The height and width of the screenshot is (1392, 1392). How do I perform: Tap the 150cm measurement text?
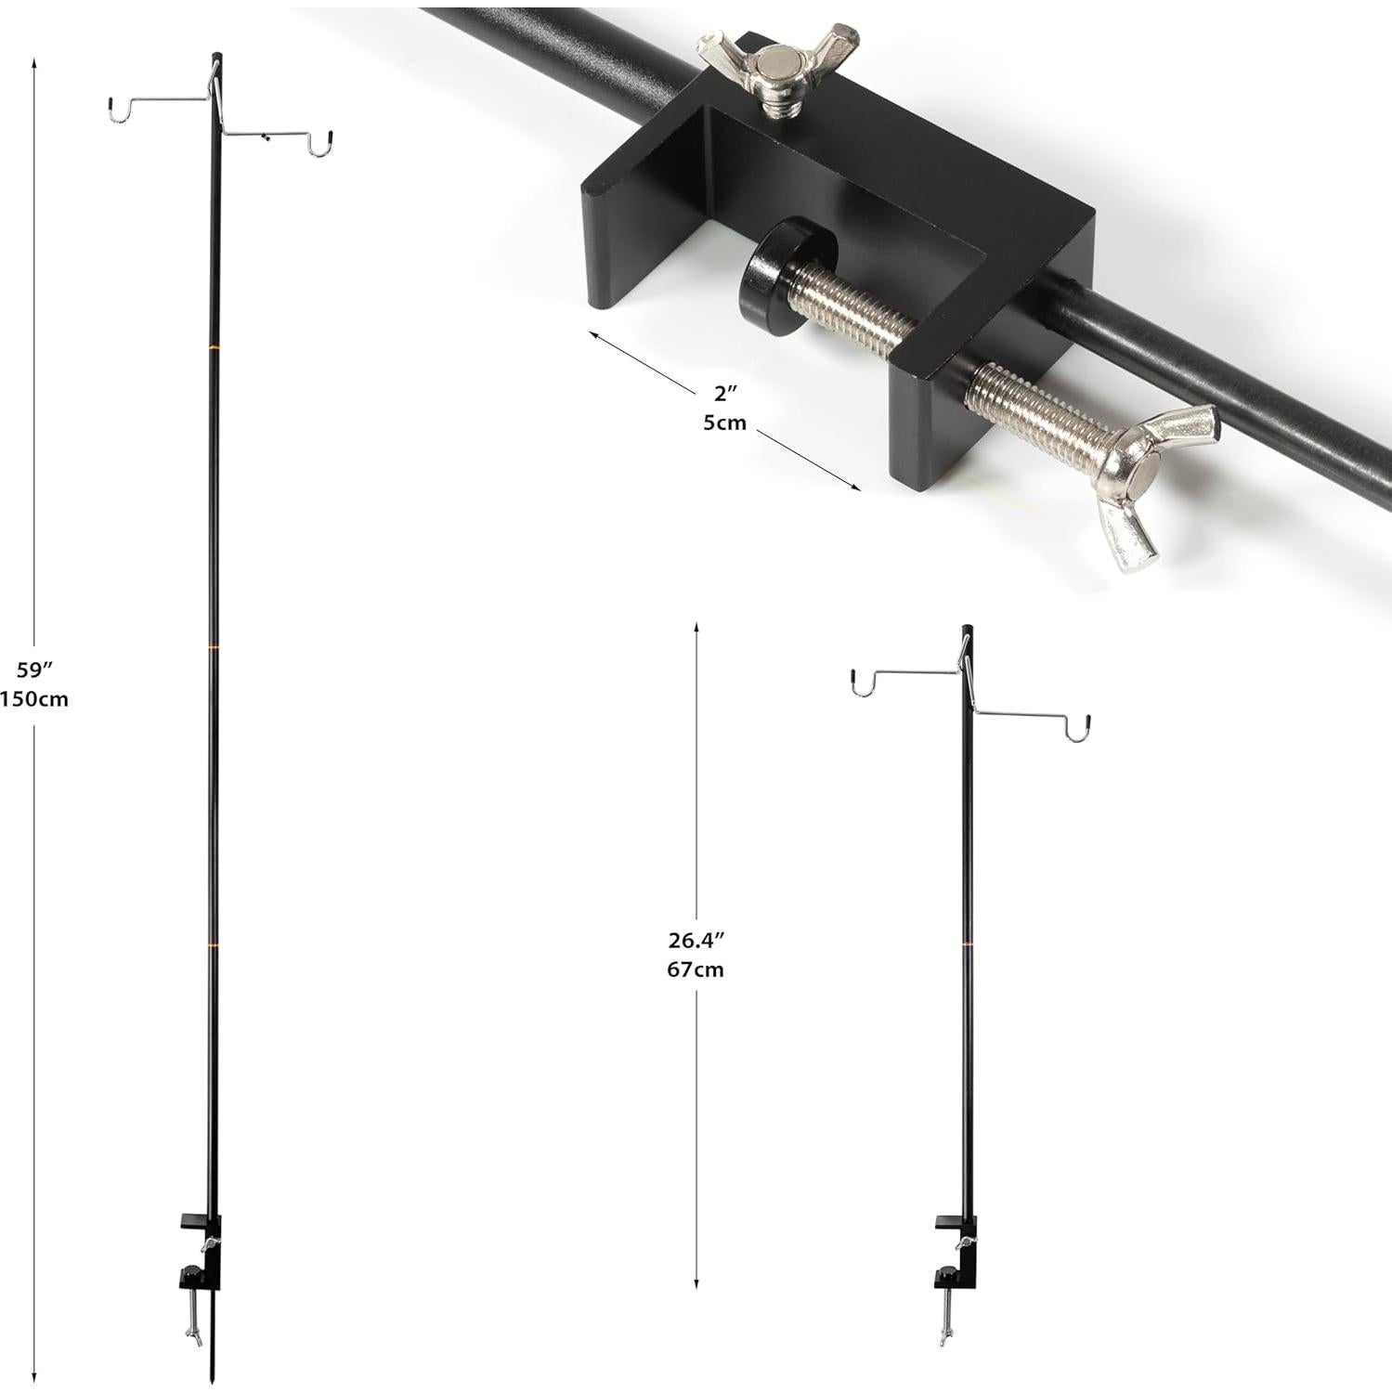[x=34, y=698]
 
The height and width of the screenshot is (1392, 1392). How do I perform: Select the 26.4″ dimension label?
[x=696, y=940]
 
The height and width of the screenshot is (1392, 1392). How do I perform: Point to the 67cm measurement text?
[x=696, y=970]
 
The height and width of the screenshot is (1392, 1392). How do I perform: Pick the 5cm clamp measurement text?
[x=724, y=423]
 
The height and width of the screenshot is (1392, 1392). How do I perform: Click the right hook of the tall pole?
[x=321, y=146]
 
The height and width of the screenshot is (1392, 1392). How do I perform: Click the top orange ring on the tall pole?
[x=214, y=347]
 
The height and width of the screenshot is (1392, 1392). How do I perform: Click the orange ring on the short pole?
[x=967, y=944]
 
